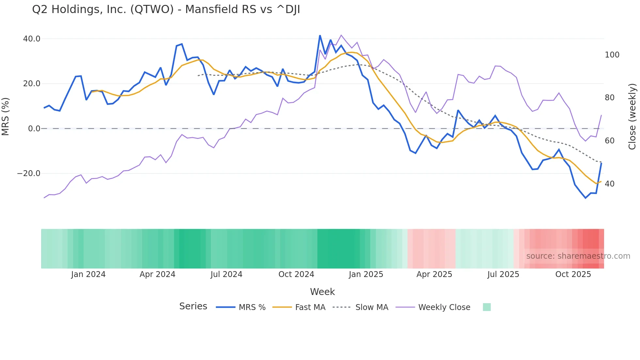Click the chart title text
[x=166, y=9]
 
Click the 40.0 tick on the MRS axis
[x=32, y=39]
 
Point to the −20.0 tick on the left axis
[x=29, y=173]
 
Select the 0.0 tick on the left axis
[x=34, y=129]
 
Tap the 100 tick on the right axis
[x=612, y=55]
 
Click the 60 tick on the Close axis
[x=610, y=141]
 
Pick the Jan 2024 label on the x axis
[x=88, y=274]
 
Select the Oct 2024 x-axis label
[x=296, y=274]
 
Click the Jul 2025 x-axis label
[x=503, y=274]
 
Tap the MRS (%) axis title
[x=6, y=116]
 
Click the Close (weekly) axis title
[x=632, y=116]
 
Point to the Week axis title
[x=322, y=292]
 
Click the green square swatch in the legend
[x=487, y=307]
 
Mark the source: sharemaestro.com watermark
[x=578, y=256]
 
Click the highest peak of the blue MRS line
[x=320, y=36]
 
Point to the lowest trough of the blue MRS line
[x=585, y=198]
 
